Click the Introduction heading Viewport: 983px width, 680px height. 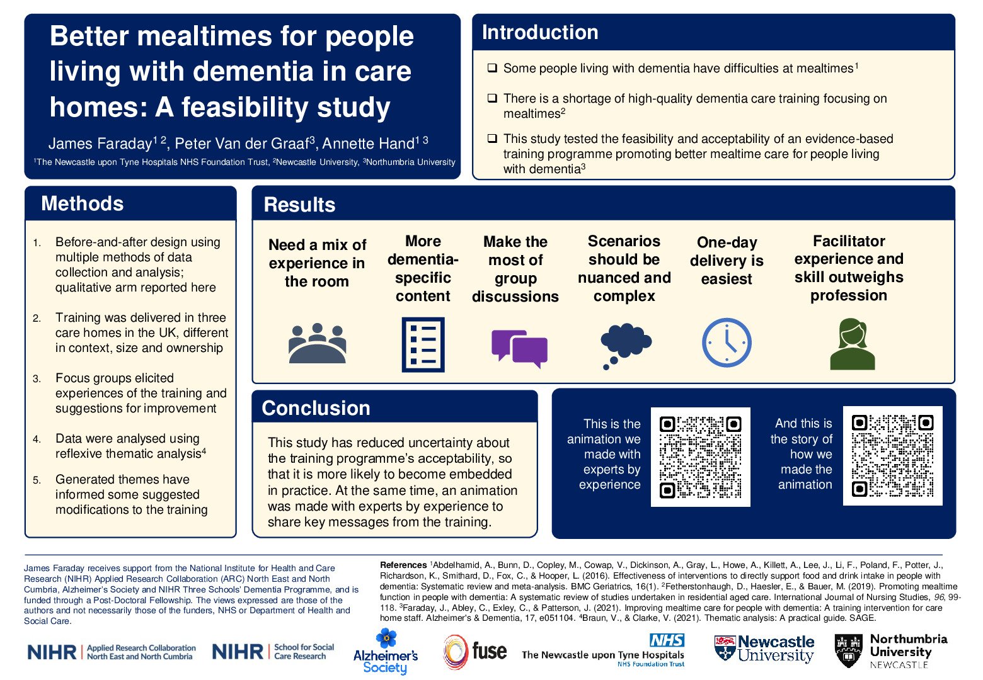(x=540, y=33)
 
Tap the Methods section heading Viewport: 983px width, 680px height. (x=83, y=203)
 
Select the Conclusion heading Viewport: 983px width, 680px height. (x=316, y=408)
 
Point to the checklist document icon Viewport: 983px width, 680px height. (x=423, y=344)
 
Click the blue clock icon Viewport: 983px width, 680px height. (x=727, y=343)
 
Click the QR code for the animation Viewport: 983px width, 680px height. (x=700, y=456)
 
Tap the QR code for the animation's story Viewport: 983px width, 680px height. (x=892, y=455)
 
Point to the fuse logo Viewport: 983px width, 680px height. (x=475, y=652)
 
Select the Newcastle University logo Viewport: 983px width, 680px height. (x=764, y=649)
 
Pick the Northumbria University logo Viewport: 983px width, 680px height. (x=890, y=651)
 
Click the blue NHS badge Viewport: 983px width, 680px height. (x=667, y=640)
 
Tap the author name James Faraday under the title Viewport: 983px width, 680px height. (x=100, y=144)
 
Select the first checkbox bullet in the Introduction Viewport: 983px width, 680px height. (x=492, y=68)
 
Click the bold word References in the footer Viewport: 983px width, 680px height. (x=403, y=565)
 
